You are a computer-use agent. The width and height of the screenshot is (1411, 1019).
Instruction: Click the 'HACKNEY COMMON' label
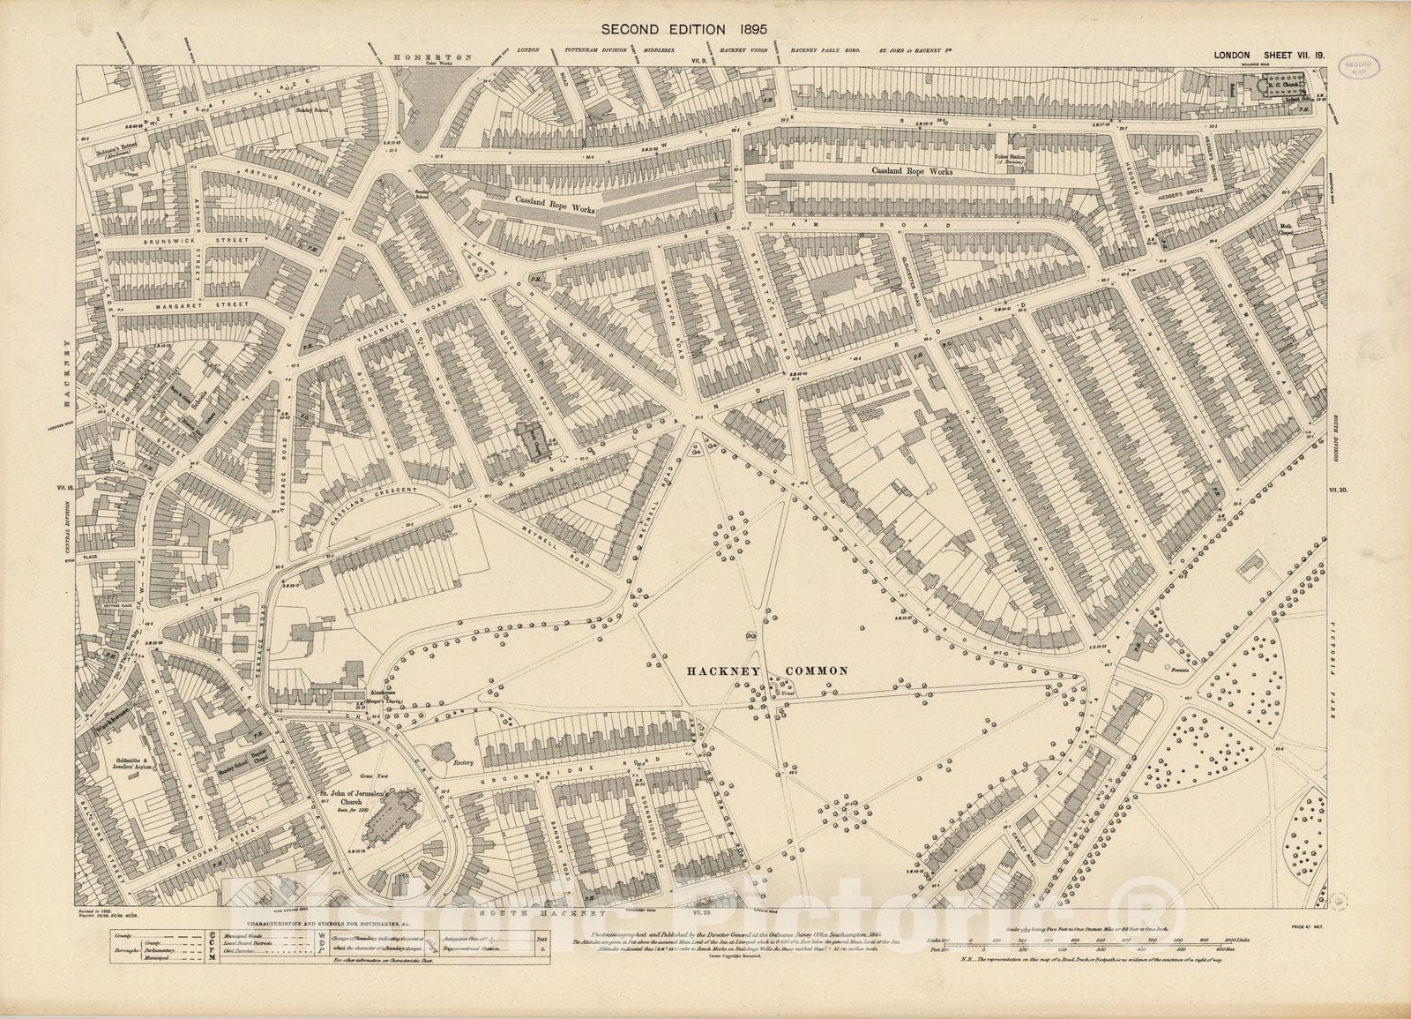(x=767, y=671)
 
